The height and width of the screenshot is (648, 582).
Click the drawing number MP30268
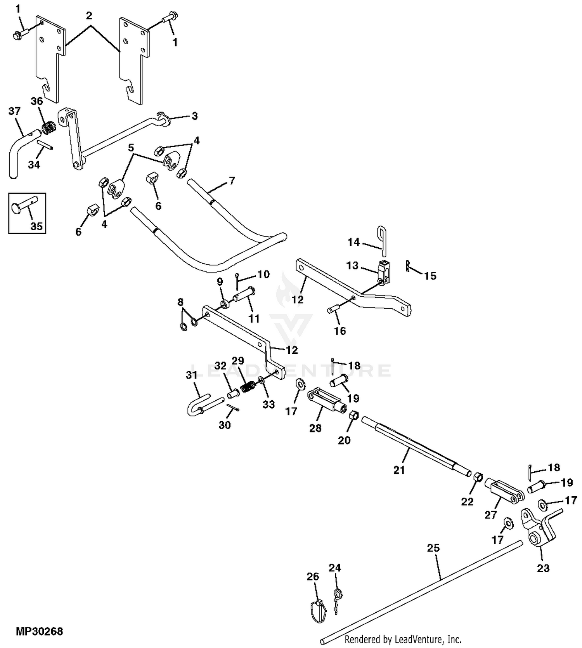pyautogui.click(x=39, y=631)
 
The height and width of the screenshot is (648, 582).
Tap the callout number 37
pyautogui.click(x=14, y=111)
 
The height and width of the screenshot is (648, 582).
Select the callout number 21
pyautogui.click(x=399, y=470)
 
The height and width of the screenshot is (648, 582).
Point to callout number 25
pyautogui.click(x=433, y=548)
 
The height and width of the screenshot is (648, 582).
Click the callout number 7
pyautogui.click(x=232, y=181)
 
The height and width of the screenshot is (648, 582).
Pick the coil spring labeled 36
pyautogui.click(x=48, y=128)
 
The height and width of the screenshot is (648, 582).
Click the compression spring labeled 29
pyautogui.click(x=248, y=387)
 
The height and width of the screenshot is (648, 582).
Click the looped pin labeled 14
pyautogui.click(x=382, y=242)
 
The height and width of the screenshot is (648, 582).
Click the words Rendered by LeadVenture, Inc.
pyautogui.click(x=403, y=639)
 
